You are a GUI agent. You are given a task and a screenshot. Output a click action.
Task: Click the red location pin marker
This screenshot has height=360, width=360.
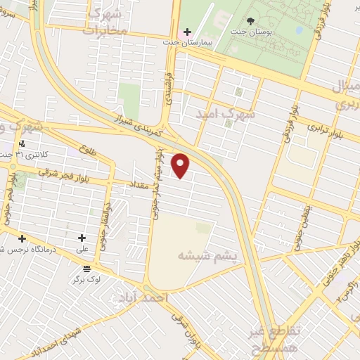pyautogui.click(x=181, y=166)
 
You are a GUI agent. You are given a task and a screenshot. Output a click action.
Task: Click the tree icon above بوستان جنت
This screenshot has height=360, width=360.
pyautogui.click(x=272, y=21)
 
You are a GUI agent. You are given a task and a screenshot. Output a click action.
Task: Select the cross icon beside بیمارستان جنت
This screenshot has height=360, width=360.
pyautogui.click(x=186, y=32)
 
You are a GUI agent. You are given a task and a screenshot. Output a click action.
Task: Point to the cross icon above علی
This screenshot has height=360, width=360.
pyautogui.click(x=83, y=238)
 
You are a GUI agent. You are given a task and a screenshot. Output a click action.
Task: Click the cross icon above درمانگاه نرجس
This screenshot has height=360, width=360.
pyautogui.click(x=22, y=238)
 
